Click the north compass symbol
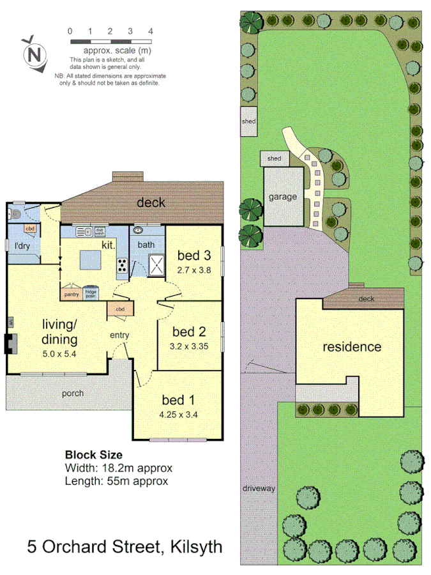click(x=35, y=53)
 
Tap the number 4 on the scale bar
click(x=150, y=31)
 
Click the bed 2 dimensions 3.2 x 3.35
click(x=190, y=347)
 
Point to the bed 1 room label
click(x=178, y=401)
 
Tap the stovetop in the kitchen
click(x=121, y=264)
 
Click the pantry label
click(x=71, y=295)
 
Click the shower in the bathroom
click(x=155, y=264)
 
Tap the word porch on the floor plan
click(x=72, y=393)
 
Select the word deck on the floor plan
click(x=151, y=203)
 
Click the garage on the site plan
click(x=282, y=197)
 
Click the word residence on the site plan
click(x=351, y=347)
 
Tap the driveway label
click(x=259, y=489)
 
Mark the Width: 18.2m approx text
click(x=119, y=468)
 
